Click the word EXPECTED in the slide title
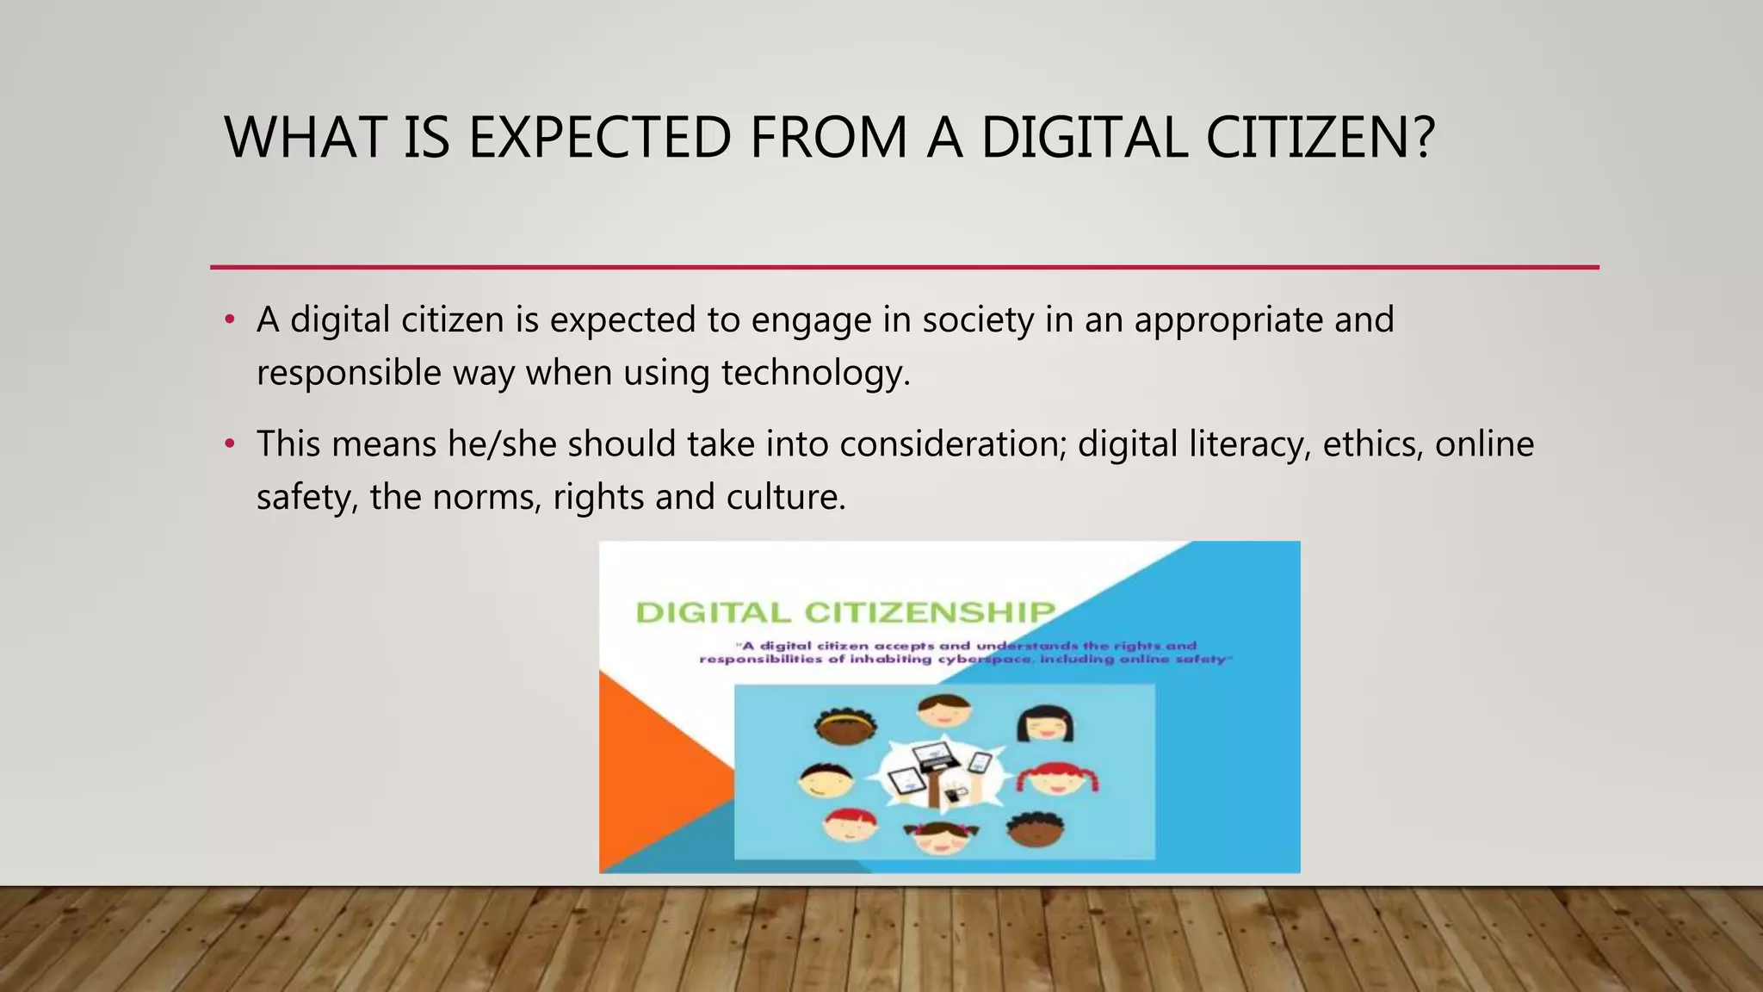pos(600,138)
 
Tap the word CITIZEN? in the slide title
pos(1320,138)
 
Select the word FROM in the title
pos(828,138)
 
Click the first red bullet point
pos(229,320)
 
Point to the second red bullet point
pos(229,444)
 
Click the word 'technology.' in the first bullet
pos(815,373)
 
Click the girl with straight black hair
pos(1045,724)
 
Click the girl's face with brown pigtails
pos(941,835)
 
